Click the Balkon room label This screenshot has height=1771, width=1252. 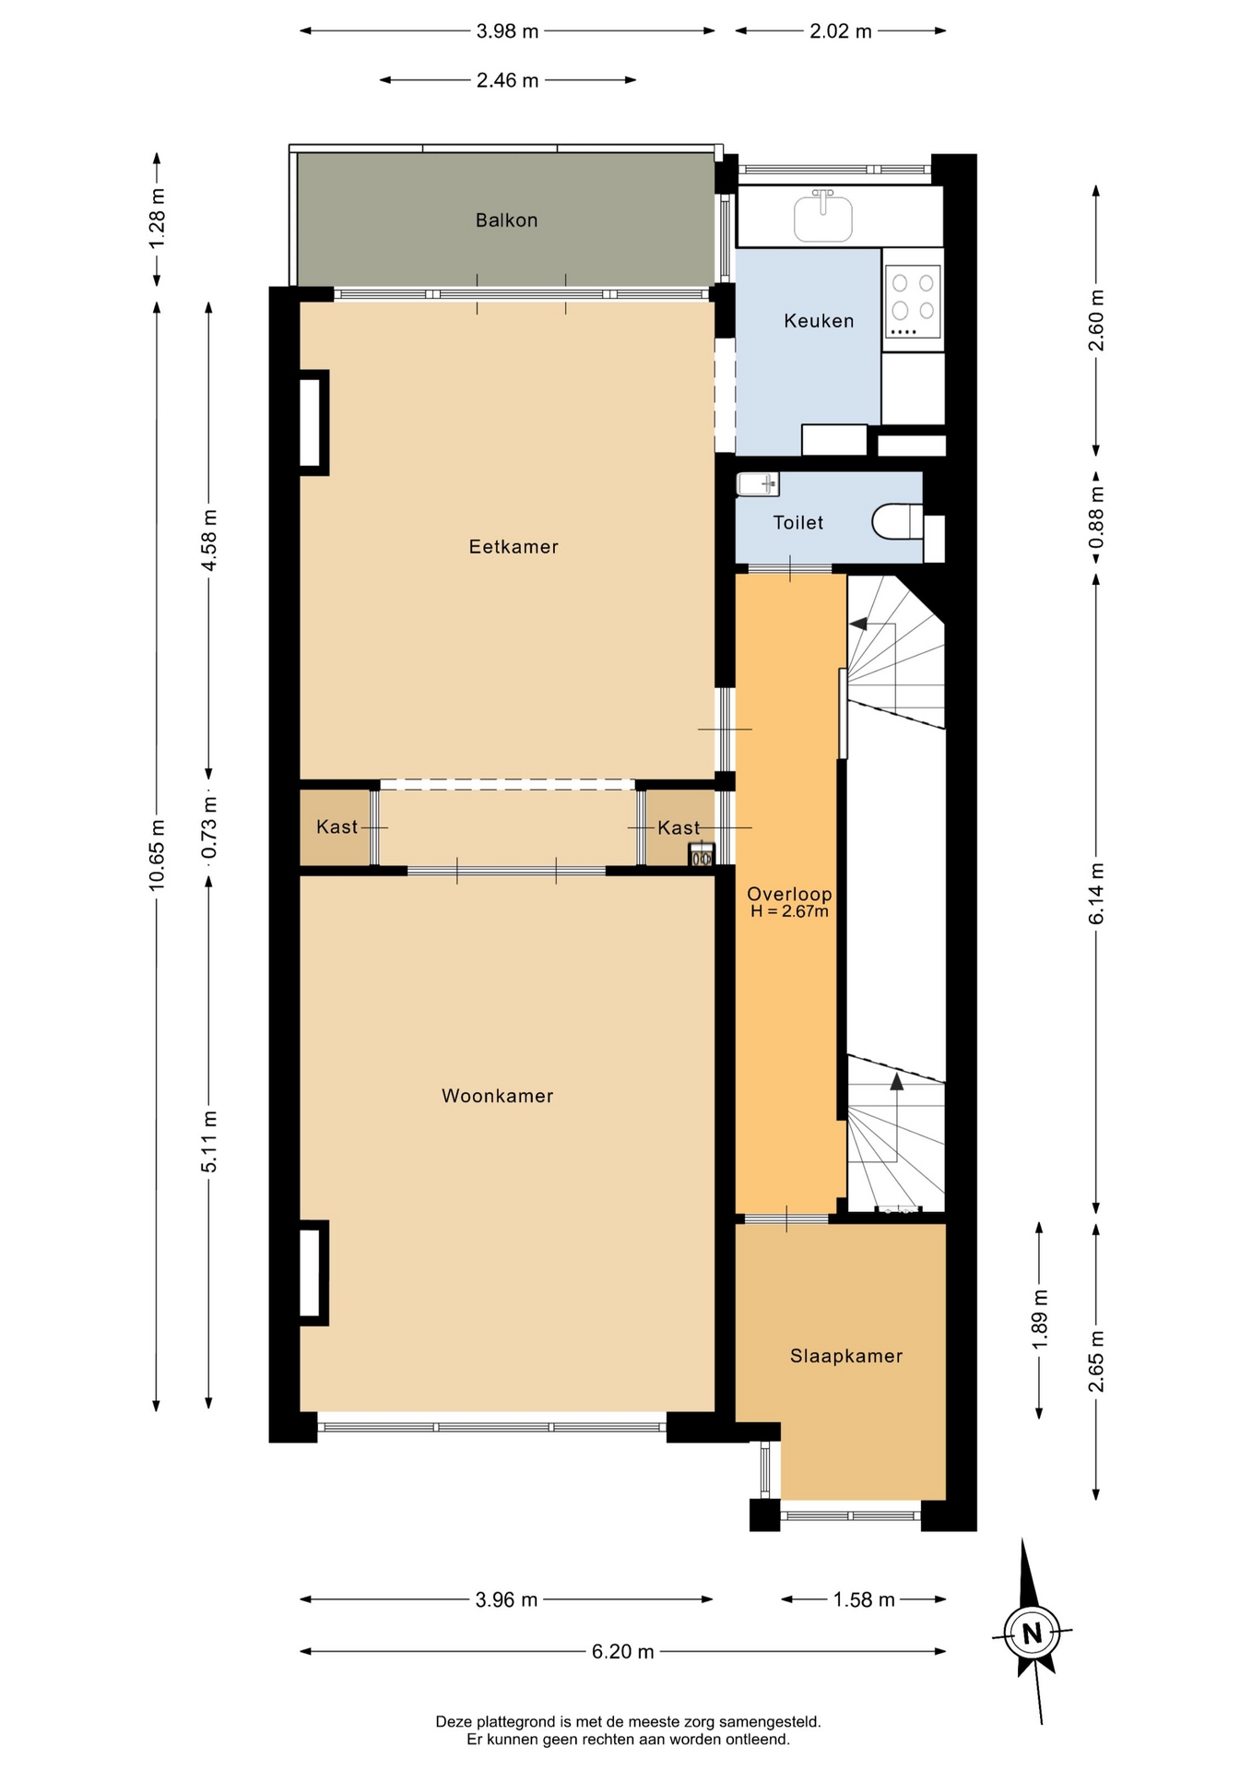point(506,220)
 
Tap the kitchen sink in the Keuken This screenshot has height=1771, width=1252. point(823,216)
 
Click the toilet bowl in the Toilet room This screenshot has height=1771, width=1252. point(897,521)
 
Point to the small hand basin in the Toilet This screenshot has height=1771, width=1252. point(758,482)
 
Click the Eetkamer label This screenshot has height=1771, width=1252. point(514,547)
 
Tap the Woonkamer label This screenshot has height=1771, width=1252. point(498,1096)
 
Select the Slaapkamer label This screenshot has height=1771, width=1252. point(846,1356)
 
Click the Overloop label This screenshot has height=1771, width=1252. point(789,894)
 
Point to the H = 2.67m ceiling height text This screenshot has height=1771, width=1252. point(789,912)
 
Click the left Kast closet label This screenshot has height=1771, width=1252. point(337,826)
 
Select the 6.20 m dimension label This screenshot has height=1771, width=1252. point(623,1651)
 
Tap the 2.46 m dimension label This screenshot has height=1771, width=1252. point(507,80)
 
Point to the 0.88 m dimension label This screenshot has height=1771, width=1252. point(1096,517)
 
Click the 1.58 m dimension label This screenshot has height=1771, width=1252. point(864,1599)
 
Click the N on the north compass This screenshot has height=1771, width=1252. point(1032,1634)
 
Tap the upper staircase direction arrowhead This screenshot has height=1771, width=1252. point(859,624)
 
